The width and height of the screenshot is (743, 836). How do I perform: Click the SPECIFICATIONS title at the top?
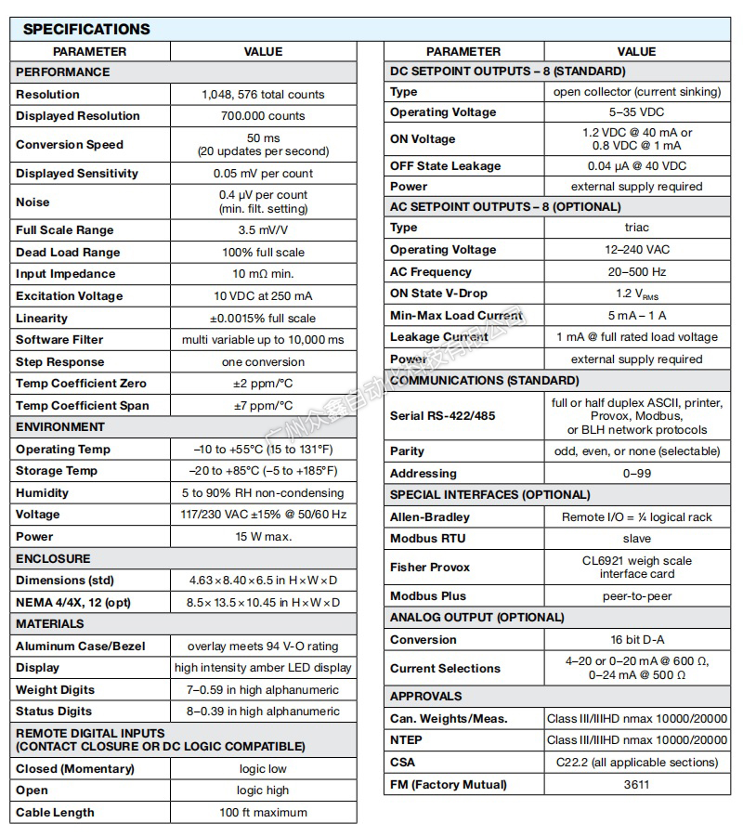[x=86, y=29]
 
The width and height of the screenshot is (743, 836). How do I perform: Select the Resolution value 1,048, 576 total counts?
[x=263, y=94]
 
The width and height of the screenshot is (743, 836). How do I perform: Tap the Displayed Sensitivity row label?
[x=77, y=173]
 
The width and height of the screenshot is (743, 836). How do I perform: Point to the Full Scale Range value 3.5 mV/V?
[x=263, y=230]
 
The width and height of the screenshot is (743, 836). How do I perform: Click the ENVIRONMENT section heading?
[x=60, y=427]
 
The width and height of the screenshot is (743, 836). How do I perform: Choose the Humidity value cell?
[x=263, y=493]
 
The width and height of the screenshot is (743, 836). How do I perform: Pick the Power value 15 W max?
[x=263, y=537]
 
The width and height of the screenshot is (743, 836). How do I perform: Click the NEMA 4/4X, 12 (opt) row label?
[x=74, y=602]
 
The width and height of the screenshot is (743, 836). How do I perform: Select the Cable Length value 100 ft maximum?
[x=263, y=813]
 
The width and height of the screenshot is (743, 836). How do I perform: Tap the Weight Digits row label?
[x=55, y=690]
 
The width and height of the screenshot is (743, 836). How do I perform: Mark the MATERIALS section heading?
[x=50, y=624]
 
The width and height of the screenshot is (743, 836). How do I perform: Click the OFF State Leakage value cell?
[x=636, y=165]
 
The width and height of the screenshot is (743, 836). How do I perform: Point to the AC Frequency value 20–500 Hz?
[x=636, y=272]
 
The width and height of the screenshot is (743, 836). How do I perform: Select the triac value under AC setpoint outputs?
[x=636, y=228]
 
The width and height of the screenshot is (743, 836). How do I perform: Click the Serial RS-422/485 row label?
[x=443, y=416]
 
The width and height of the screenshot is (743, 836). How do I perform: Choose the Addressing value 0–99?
[x=636, y=474]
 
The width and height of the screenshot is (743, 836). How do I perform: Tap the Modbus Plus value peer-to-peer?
[x=636, y=596]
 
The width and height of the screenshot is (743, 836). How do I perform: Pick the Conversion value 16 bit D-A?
[x=636, y=640]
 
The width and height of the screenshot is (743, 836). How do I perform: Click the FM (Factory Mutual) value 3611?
[x=636, y=785]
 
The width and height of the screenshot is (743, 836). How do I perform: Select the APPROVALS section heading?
[x=426, y=697]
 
